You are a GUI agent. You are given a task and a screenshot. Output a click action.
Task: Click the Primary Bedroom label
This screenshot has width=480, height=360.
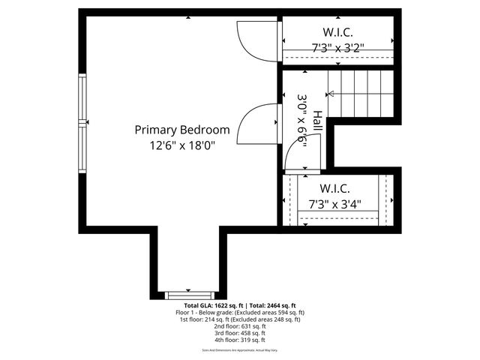[182, 130]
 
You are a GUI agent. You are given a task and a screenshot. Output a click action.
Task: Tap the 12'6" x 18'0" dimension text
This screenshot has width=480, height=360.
[182, 147]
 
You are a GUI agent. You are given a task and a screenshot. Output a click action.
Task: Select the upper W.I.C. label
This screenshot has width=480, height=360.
[337, 32]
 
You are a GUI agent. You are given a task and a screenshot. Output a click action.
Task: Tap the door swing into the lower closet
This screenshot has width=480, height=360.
[296, 157]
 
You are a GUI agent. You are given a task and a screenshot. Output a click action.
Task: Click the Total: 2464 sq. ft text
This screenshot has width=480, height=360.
[272, 305]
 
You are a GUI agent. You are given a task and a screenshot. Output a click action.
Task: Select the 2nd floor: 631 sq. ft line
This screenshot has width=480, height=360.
[239, 326]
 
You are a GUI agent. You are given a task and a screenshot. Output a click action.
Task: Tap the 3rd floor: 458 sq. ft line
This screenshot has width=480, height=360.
[239, 333]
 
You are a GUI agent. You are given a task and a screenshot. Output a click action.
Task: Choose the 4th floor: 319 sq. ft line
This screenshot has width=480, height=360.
[239, 340]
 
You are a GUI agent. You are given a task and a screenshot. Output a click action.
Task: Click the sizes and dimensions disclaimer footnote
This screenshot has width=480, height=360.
[239, 350]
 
